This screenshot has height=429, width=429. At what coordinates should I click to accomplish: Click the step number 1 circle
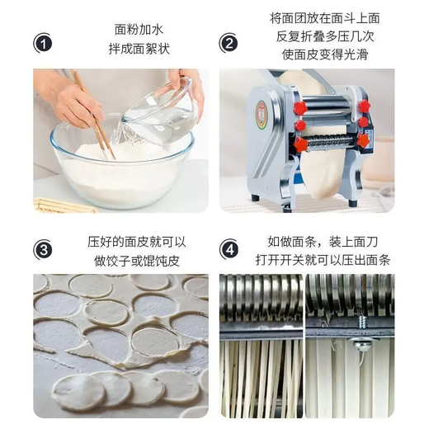(44, 43)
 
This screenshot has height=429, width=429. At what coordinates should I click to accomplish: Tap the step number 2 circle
(230, 43)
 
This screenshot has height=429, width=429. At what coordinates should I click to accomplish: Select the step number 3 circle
(44, 247)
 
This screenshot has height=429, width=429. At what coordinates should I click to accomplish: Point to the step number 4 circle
(230, 247)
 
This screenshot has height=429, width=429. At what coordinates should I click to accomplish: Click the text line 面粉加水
(135, 29)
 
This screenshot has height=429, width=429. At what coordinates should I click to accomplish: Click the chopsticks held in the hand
(92, 115)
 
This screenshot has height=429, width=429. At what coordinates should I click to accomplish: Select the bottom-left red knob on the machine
(301, 144)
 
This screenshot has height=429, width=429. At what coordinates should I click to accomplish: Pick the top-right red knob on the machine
(363, 106)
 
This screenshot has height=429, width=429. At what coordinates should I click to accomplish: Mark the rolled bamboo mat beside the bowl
(62, 205)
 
